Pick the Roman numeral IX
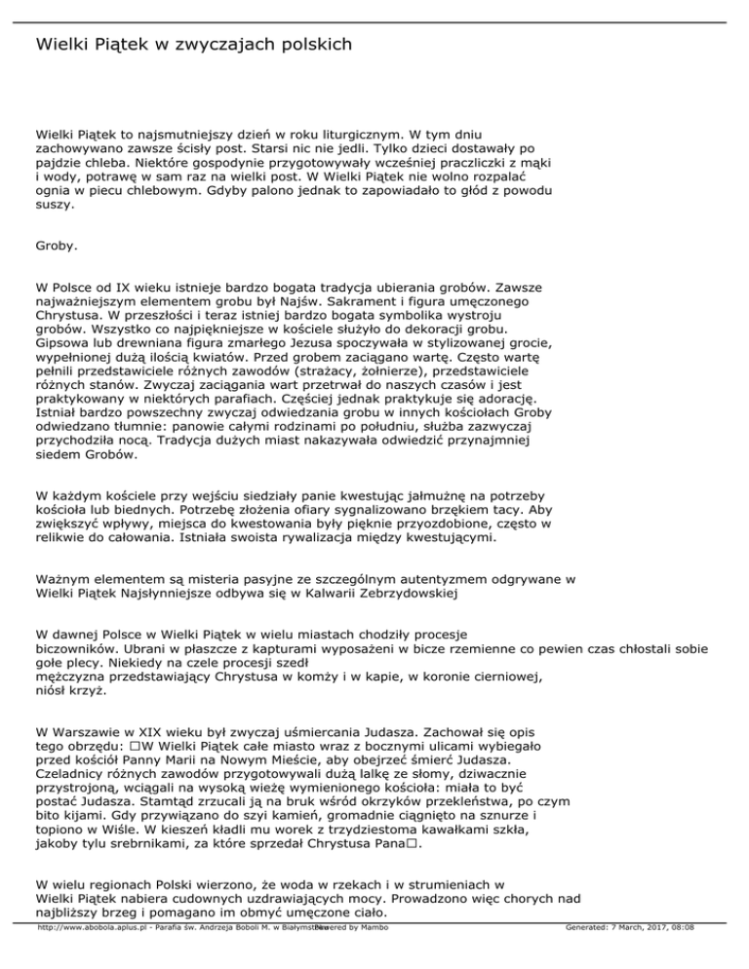(x=118, y=289)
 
